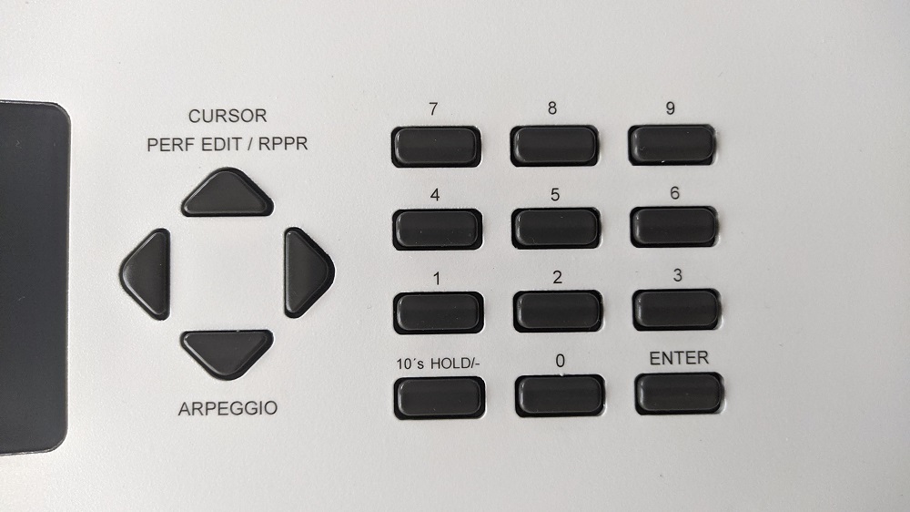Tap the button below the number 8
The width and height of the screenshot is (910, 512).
pos(554,145)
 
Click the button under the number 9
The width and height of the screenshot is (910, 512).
pos(672,144)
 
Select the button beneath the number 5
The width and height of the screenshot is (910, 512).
pos(555,228)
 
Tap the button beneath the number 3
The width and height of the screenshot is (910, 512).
pos(677,310)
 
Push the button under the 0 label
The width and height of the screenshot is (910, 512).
pos(560,395)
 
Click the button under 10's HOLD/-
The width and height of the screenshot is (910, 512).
pos(440,397)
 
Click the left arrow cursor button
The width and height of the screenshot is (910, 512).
pos(146,273)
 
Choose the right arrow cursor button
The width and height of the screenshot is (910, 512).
pos(308,272)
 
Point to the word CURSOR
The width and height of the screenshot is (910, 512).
pos(227,116)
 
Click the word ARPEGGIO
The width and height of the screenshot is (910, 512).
pos(227,408)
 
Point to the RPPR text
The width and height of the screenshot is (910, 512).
pos(283,144)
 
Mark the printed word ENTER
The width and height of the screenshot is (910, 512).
pos(679,358)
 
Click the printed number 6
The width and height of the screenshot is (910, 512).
pos(674,193)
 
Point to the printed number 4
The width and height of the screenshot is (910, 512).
pos(435,195)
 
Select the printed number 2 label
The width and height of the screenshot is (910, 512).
pos(557,277)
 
